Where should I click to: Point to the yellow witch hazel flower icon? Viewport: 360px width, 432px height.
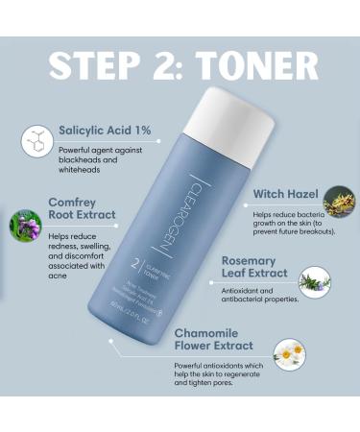pyautogui.click(x=337, y=201)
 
